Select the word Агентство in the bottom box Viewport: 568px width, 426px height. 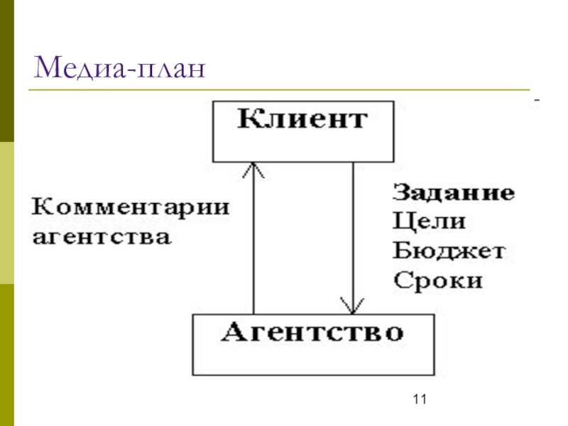(x=313, y=332)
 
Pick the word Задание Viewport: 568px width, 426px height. (x=454, y=193)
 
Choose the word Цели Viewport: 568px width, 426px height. (x=429, y=222)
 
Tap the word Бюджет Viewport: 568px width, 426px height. (x=448, y=251)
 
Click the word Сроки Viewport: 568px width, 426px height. (x=437, y=280)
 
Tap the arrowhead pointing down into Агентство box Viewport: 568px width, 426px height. (x=353, y=307)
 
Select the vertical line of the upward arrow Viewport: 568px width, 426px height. (x=253, y=241)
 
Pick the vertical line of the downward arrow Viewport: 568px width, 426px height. (x=353, y=234)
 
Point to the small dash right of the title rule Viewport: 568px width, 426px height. (x=537, y=102)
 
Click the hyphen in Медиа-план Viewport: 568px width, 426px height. (x=132, y=72)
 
